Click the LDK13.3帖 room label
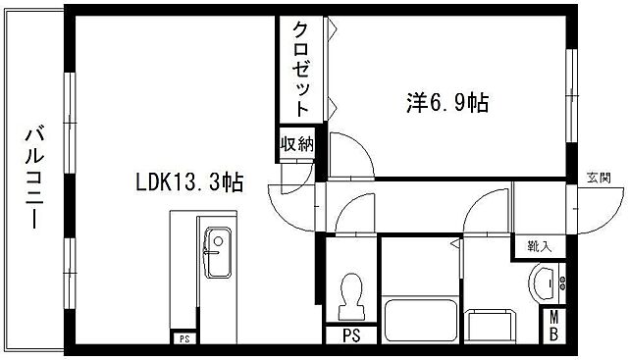coord(188,181)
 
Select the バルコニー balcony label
coord(33,177)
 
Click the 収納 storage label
coord(296,144)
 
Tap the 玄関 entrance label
coord(600,178)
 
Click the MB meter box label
coord(554,326)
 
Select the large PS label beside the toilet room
coord(350,335)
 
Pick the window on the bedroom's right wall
coord(570,85)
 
